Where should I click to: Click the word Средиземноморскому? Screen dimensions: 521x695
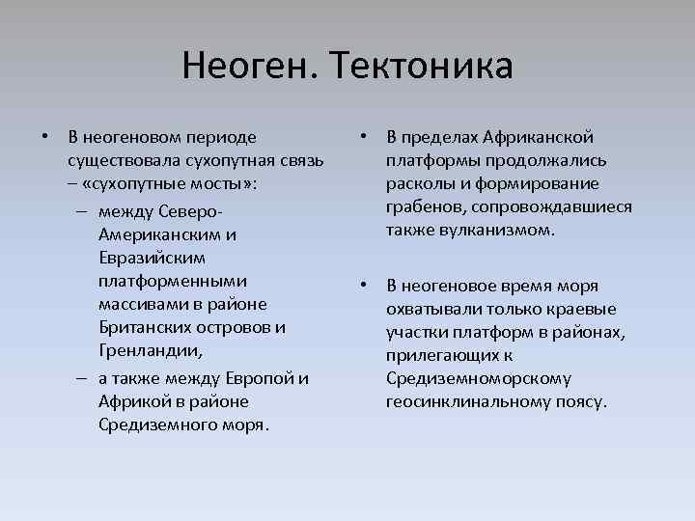click(477, 378)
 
